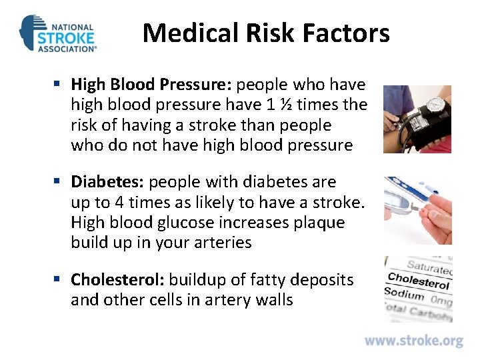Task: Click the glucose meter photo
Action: click(417, 209)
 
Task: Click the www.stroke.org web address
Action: click(413, 341)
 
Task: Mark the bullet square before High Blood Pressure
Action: click(58, 85)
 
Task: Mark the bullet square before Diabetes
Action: click(58, 181)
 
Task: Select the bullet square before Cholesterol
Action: click(58, 279)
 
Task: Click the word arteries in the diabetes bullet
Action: click(219, 243)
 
